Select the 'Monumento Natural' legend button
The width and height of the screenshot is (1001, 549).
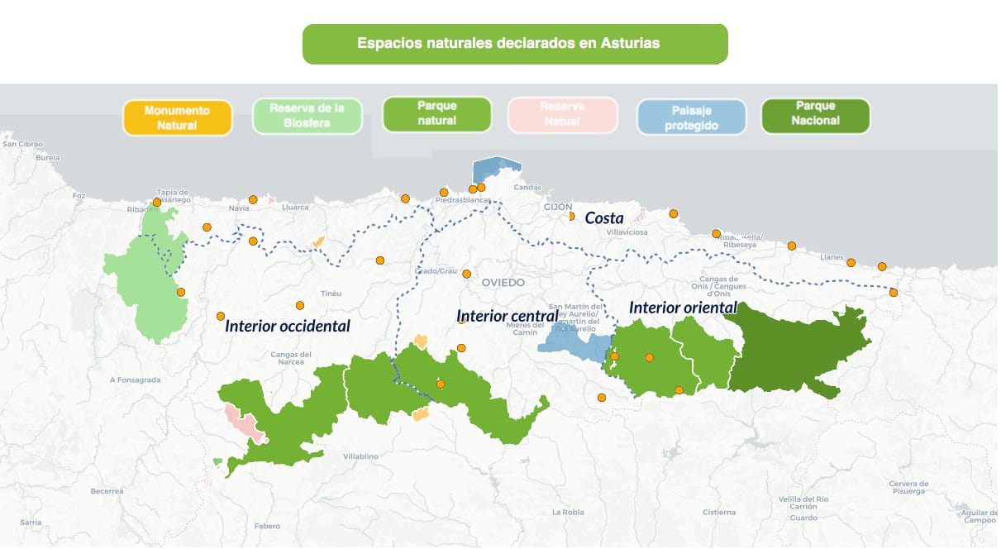tap(176, 117)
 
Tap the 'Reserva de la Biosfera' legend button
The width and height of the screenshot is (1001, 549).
tap(307, 117)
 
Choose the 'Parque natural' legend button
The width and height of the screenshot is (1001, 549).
tap(436, 114)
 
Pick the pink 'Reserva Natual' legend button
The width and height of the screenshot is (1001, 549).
tap(562, 114)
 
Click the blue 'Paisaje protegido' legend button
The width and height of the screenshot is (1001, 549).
tap(691, 117)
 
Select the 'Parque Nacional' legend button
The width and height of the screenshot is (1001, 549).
tap(814, 113)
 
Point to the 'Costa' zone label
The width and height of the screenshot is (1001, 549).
tap(603, 218)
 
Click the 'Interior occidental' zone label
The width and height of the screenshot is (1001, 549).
tap(287, 327)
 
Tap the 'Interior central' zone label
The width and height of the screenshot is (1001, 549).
tap(508, 316)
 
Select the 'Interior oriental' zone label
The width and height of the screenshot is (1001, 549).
tap(682, 308)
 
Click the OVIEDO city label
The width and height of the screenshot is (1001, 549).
tap(503, 283)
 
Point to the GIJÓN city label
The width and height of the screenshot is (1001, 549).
tap(558, 207)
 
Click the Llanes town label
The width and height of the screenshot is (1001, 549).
tap(831, 257)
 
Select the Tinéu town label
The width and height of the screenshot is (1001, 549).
tap(331, 294)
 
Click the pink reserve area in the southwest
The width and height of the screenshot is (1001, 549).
tap(244, 422)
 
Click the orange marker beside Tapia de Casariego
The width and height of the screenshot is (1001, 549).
tap(157, 202)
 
